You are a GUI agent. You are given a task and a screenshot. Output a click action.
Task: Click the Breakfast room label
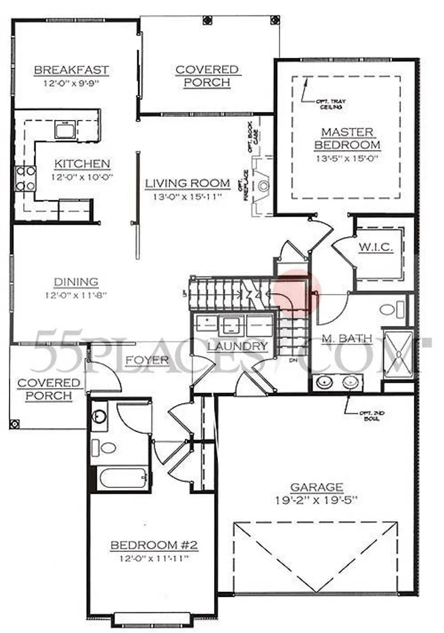[x=71, y=70]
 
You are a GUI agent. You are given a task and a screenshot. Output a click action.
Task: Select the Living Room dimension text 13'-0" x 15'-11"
[x=187, y=197]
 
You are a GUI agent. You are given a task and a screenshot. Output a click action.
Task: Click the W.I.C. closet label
[x=376, y=248]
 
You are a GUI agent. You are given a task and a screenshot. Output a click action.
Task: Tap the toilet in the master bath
[x=391, y=310]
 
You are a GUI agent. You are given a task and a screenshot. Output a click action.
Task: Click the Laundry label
[x=237, y=346]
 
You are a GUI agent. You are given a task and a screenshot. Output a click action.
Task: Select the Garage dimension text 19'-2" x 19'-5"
[x=316, y=500]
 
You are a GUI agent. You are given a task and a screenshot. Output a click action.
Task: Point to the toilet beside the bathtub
[x=106, y=447]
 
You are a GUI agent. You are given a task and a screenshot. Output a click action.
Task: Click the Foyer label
[x=147, y=360]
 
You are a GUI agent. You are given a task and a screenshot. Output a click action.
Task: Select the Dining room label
[x=76, y=282]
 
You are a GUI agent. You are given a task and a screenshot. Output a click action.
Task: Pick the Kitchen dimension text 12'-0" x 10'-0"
[x=83, y=177]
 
